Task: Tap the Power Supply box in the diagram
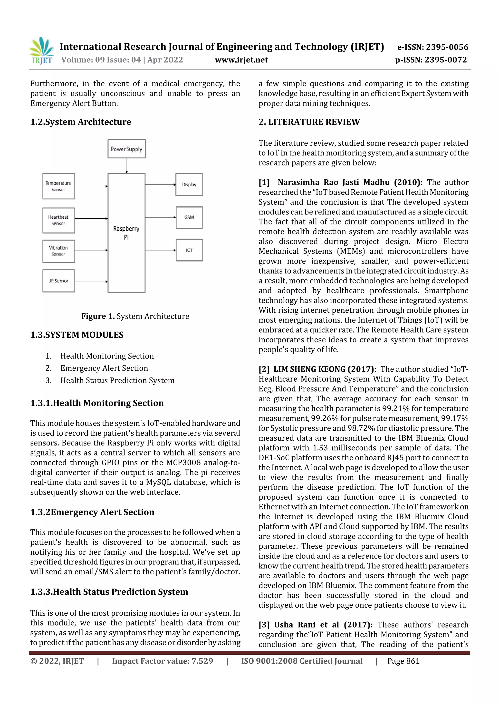click(127, 149)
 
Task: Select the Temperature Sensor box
click(58, 186)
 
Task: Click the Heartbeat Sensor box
click(58, 220)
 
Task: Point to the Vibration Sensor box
click(58, 251)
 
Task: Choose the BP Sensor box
click(58, 281)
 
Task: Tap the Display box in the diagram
click(189, 184)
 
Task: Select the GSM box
click(189, 217)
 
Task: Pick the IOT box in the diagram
click(189, 250)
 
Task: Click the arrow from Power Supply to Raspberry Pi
click(127, 166)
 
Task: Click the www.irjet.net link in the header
click(241, 60)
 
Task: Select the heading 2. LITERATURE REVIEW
click(309, 122)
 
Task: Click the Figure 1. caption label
click(98, 316)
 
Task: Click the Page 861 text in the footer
click(403, 661)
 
